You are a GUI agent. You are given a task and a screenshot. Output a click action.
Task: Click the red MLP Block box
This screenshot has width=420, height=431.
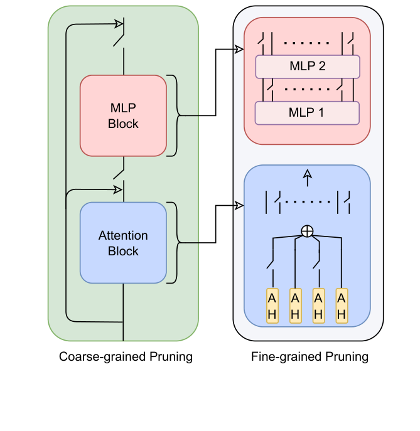tap(123, 115)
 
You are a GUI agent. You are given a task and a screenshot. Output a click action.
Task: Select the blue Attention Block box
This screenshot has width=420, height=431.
tap(123, 243)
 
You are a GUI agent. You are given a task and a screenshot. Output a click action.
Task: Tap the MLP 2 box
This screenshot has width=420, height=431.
tap(307, 66)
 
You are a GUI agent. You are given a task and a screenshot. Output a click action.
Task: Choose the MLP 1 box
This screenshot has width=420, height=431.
tap(307, 113)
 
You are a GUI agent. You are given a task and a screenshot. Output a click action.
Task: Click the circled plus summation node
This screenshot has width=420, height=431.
tap(307, 231)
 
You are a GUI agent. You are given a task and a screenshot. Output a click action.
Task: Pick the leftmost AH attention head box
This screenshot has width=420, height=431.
tap(272, 306)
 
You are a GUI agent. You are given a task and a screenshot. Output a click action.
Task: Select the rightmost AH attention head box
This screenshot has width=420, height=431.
tap(341, 306)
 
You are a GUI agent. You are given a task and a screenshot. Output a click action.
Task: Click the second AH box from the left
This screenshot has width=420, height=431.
tap(295, 306)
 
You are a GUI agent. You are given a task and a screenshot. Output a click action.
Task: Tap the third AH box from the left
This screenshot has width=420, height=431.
tap(318, 306)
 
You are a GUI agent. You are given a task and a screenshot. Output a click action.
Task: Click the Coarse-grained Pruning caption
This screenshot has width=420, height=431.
tap(126, 357)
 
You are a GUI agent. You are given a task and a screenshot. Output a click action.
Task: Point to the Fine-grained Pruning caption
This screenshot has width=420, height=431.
tap(310, 357)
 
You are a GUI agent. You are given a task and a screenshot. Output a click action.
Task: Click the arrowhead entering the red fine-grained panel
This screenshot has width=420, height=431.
tap(239, 49)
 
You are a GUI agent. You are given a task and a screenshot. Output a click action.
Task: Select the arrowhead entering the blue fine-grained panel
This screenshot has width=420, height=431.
tap(239, 205)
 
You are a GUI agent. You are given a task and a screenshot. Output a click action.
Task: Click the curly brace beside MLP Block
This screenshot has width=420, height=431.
tap(174, 115)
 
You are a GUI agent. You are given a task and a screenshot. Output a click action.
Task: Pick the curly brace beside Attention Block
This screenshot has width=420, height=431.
tap(174, 243)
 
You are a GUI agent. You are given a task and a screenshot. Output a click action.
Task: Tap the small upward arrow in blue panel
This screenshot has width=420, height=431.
tap(307, 178)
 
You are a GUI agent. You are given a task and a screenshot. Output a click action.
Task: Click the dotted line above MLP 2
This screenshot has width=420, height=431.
tap(307, 44)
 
